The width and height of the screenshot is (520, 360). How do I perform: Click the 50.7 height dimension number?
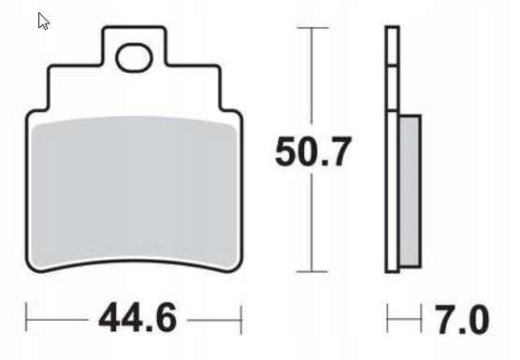click(x=312, y=151)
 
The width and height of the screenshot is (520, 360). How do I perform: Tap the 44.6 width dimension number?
click(x=137, y=317)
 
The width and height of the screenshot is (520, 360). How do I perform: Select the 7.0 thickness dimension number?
click(x=462, y=319)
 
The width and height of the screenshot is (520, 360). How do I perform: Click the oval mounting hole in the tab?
click(x=134, y=58)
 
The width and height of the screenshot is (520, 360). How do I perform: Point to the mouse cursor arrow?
click(x=43, y=22)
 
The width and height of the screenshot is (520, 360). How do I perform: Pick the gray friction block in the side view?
click(x=411, y=192)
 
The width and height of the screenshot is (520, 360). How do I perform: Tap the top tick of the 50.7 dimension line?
click(x=312, y=28)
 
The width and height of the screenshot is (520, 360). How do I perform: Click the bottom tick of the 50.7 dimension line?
click(x=312, y=271)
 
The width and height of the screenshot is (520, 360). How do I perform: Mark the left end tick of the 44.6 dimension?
click(x=26, y=317)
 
